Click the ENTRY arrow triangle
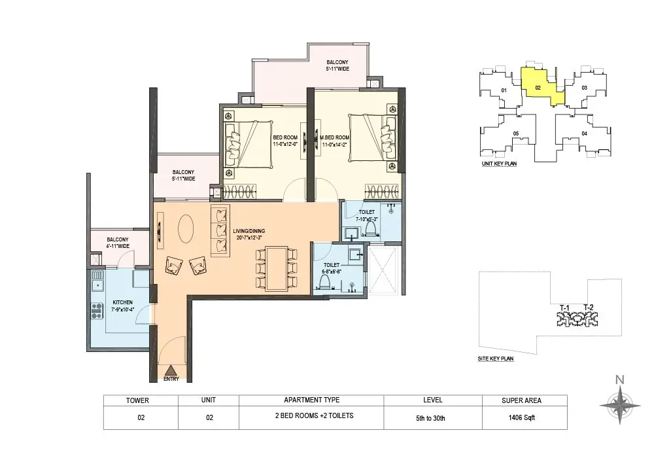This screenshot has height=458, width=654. (x=170, y=370)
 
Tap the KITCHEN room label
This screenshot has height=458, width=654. (x=123, y=306)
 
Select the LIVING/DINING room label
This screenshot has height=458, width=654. (x=249, y=234)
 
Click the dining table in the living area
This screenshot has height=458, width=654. (x=277, y=269)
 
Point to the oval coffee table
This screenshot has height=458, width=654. (x=186, y=228)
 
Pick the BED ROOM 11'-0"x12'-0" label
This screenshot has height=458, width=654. (x=285, y=141)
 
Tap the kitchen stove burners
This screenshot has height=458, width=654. (x=97, y=311)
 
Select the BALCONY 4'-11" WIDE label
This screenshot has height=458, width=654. (x=118, y=243)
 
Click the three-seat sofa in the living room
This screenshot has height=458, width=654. (x=220, y=231)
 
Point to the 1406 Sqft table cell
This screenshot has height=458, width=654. (x=521, y=417)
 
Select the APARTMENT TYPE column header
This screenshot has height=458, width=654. (x=311, y=400)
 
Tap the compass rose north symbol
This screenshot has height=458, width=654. (x=620, y=404)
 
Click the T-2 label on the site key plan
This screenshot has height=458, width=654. (x=589, y=308)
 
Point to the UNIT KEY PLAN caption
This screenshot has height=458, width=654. (x=499, y=164)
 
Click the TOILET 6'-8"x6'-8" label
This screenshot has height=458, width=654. (x=332, y=268)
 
